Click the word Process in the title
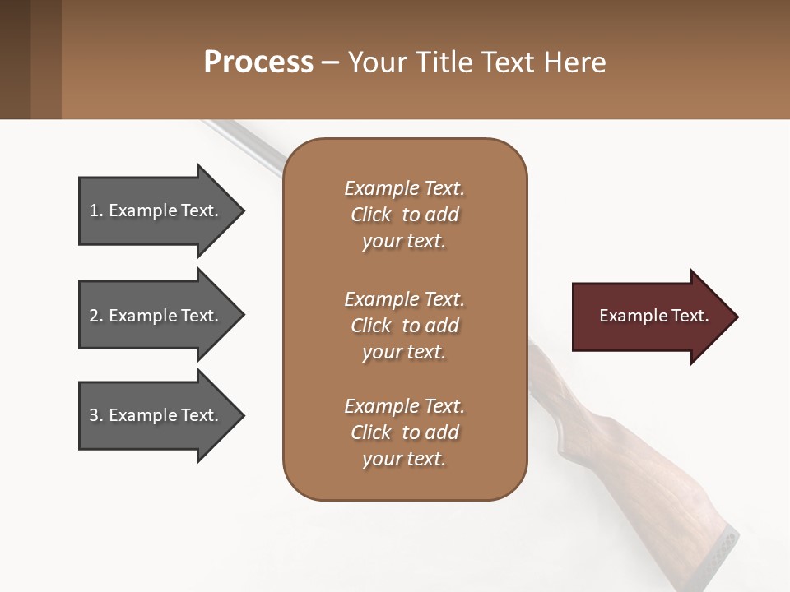258,62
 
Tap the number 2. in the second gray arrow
96,316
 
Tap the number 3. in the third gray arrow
96,415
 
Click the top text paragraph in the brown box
404,215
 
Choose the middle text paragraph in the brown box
404,326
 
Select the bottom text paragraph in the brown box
404,432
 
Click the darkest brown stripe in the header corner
15,59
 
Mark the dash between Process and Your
330,62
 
